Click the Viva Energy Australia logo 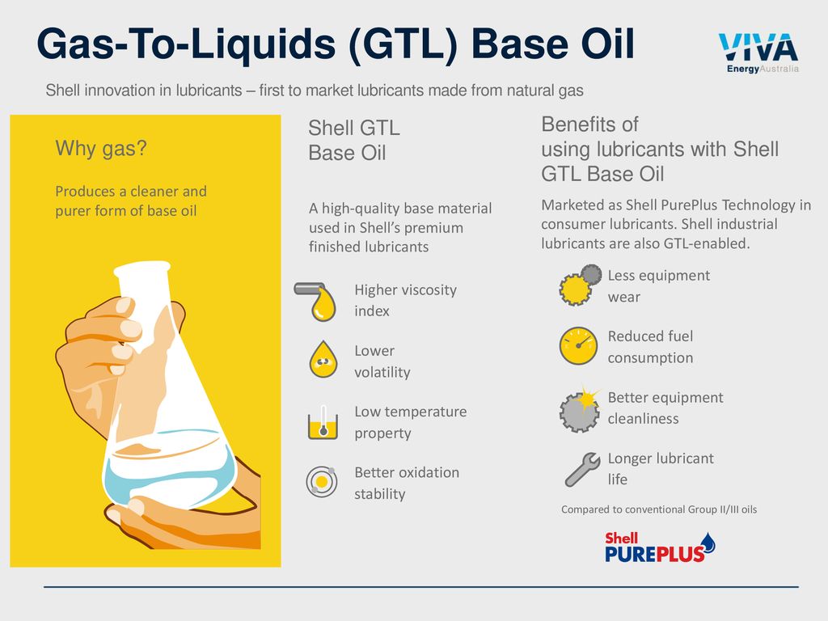758,53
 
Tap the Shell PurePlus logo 660,547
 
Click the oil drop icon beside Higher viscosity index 316,302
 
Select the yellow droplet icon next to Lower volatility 323,359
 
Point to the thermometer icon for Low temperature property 323,422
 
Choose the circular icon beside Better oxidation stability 322,482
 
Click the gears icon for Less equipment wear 580,285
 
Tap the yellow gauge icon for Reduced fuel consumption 578,346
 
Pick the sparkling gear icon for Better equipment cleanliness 580,408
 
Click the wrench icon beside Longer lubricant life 582,470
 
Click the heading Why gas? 101,149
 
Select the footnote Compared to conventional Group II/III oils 659,509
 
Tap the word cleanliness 643,419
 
